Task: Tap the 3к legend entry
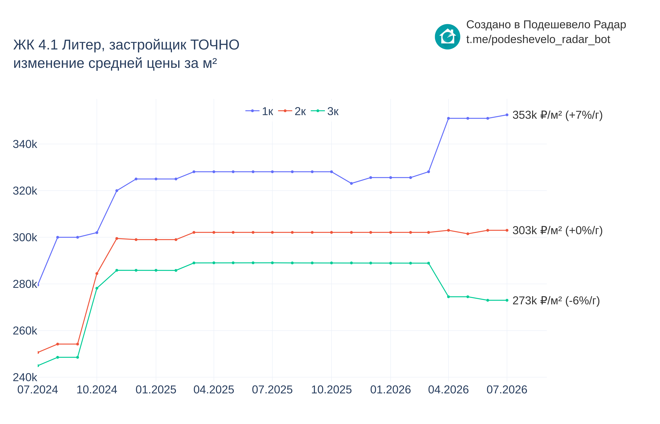tap(325, 111)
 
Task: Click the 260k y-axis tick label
tap(25, 331)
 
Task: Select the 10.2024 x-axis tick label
tap(97, 390)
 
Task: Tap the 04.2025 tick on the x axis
tap(214, 390)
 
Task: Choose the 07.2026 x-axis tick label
tap(507, 390)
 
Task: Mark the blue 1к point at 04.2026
tap(448, 118)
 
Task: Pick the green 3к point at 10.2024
tap(97, 288)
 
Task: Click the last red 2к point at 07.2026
tap(507, 230)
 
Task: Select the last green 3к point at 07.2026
tap(507, 300)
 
